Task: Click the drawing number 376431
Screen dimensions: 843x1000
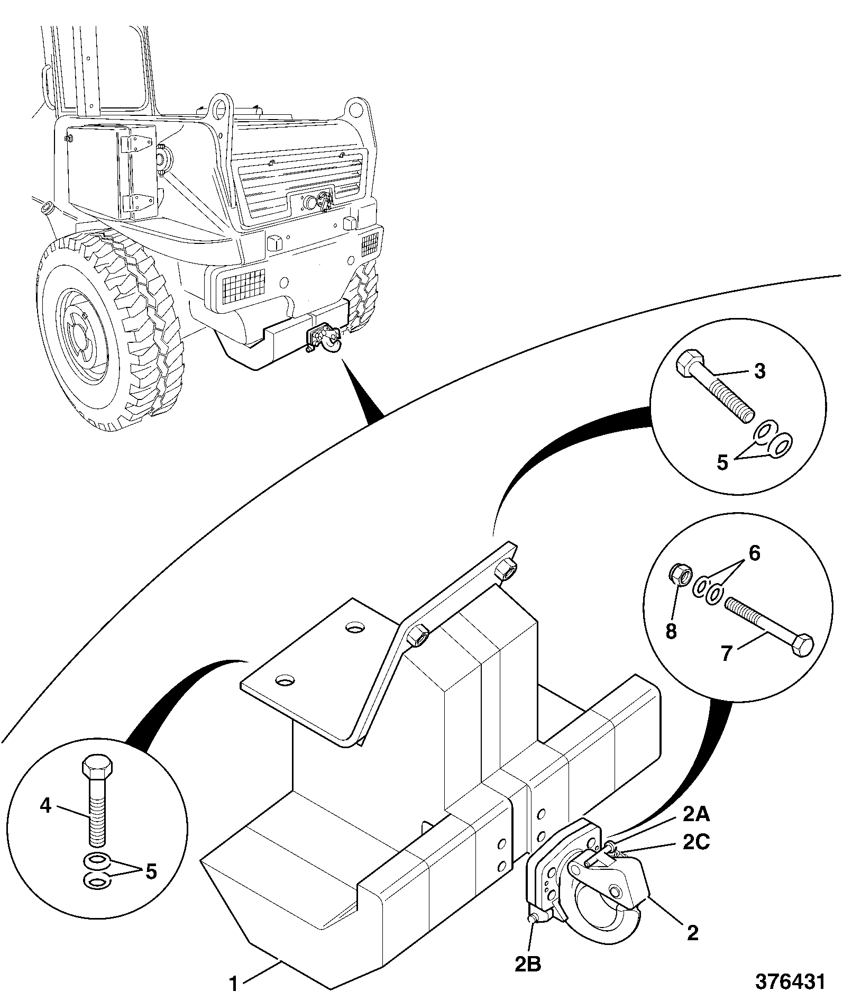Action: pyautogui.click(x=790, y=982)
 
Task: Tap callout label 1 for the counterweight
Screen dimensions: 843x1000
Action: pyautogui.click(x=233, y=984)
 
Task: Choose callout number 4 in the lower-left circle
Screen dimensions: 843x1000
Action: pyautogui.click(x=46, y=806)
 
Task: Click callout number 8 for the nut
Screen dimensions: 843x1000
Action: pyautogui.click(x=671, y=631)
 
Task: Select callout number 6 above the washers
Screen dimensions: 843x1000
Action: pyautogui.click(x=754, y=554)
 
